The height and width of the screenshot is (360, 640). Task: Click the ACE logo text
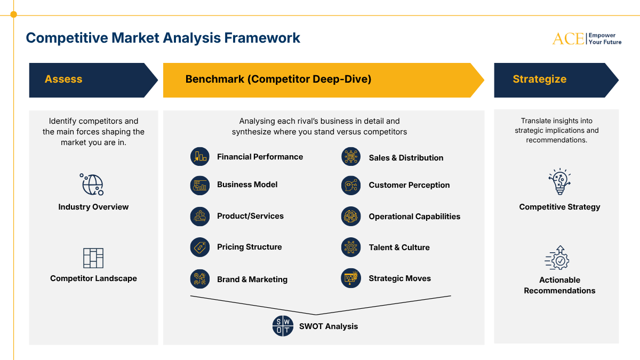568,38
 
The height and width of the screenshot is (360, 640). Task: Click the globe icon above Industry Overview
92,185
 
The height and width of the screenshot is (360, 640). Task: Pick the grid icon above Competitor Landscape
93,258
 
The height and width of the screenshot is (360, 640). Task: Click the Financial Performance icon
200,157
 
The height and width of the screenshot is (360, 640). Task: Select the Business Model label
247,185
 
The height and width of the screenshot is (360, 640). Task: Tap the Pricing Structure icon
200,247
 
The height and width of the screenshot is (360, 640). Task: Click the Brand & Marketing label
252,279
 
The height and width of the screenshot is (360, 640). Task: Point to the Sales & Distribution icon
351,157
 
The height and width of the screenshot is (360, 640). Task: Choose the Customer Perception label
409,185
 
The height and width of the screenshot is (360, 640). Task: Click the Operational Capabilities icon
351,217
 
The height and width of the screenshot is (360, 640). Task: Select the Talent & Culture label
399,247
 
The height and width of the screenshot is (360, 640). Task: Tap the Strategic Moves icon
351,278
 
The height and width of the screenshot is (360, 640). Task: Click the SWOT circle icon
283,326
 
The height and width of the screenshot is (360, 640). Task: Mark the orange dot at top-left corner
13,15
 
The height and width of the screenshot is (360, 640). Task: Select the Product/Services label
250,216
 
